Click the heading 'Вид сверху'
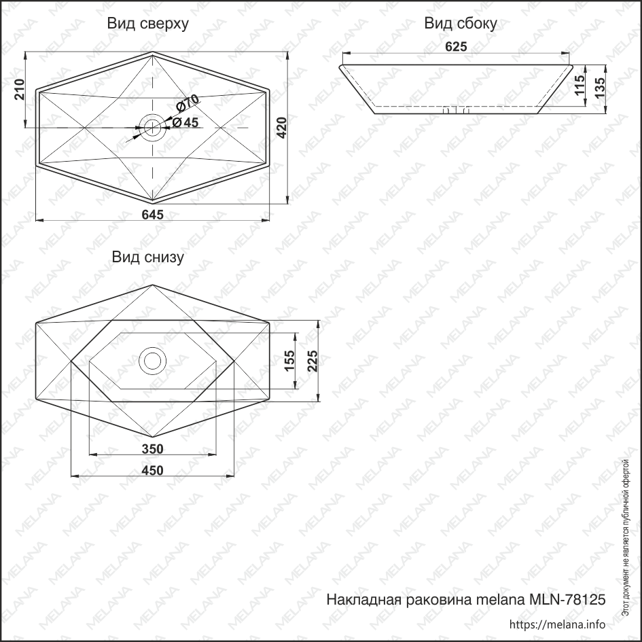147,24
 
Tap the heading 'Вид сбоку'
461,24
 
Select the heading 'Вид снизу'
148,257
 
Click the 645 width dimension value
152,214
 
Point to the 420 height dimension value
281,128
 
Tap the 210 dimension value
20,90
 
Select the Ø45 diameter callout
185,122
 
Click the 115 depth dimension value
579,87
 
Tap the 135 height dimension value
599,88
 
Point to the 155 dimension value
289,361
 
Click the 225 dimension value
312,361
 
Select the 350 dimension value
152,448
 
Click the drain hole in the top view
151,126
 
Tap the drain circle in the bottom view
151,360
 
